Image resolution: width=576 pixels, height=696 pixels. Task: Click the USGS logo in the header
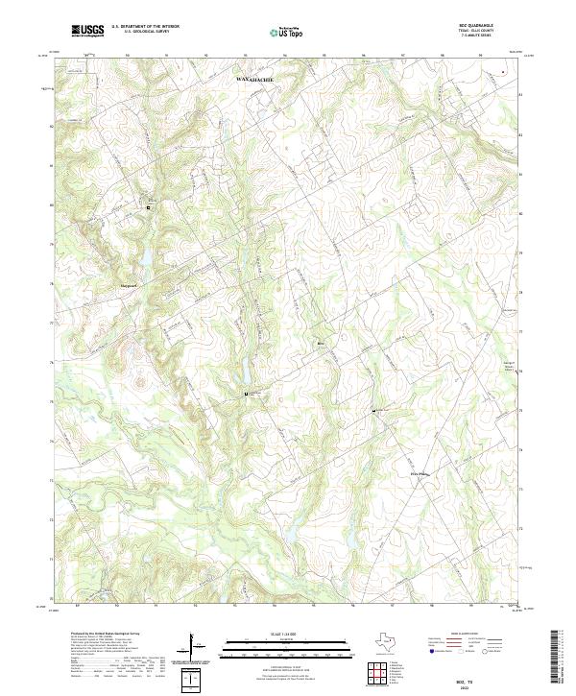[x=88, y=31]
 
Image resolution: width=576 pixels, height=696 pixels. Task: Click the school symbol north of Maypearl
[x=149, y=205]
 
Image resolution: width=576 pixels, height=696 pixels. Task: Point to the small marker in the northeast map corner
[x=503, y=71]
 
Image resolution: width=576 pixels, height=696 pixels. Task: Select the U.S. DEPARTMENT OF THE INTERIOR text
[x=145, y=27]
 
